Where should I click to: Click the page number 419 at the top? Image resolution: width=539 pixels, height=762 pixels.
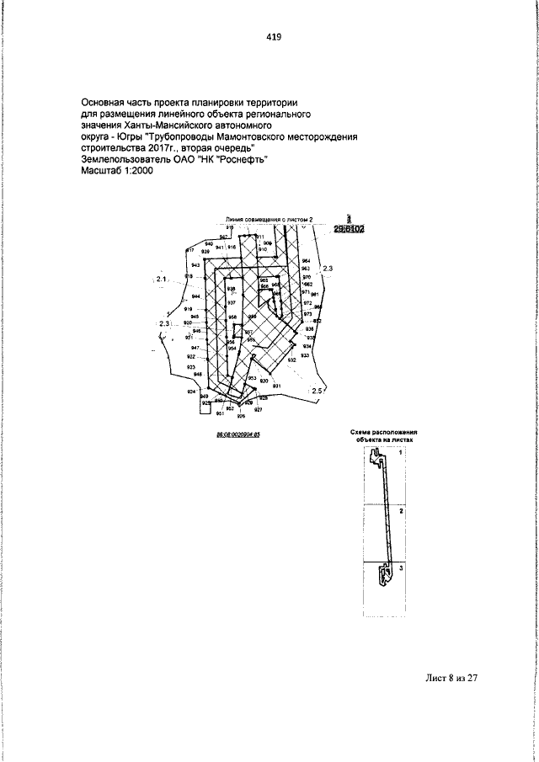click(273, 37)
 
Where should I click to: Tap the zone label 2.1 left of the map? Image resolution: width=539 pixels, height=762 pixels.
click(162, 278)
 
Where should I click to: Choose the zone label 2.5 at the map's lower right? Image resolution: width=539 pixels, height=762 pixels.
click(318, 391)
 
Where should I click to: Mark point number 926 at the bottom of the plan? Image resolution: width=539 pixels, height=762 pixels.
click(241, 416)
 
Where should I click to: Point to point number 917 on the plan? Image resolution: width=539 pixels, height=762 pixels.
click(190, 251)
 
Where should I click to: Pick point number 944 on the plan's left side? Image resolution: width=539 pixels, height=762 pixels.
click(195, 296)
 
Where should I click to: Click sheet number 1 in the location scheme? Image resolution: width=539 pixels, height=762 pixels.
click(401, 453)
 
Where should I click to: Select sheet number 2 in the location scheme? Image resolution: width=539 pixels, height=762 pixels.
click(402, 511)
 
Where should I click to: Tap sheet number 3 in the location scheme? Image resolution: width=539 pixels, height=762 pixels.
click(402, 569)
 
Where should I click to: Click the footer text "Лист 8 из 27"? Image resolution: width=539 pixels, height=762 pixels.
click(452, 679)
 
